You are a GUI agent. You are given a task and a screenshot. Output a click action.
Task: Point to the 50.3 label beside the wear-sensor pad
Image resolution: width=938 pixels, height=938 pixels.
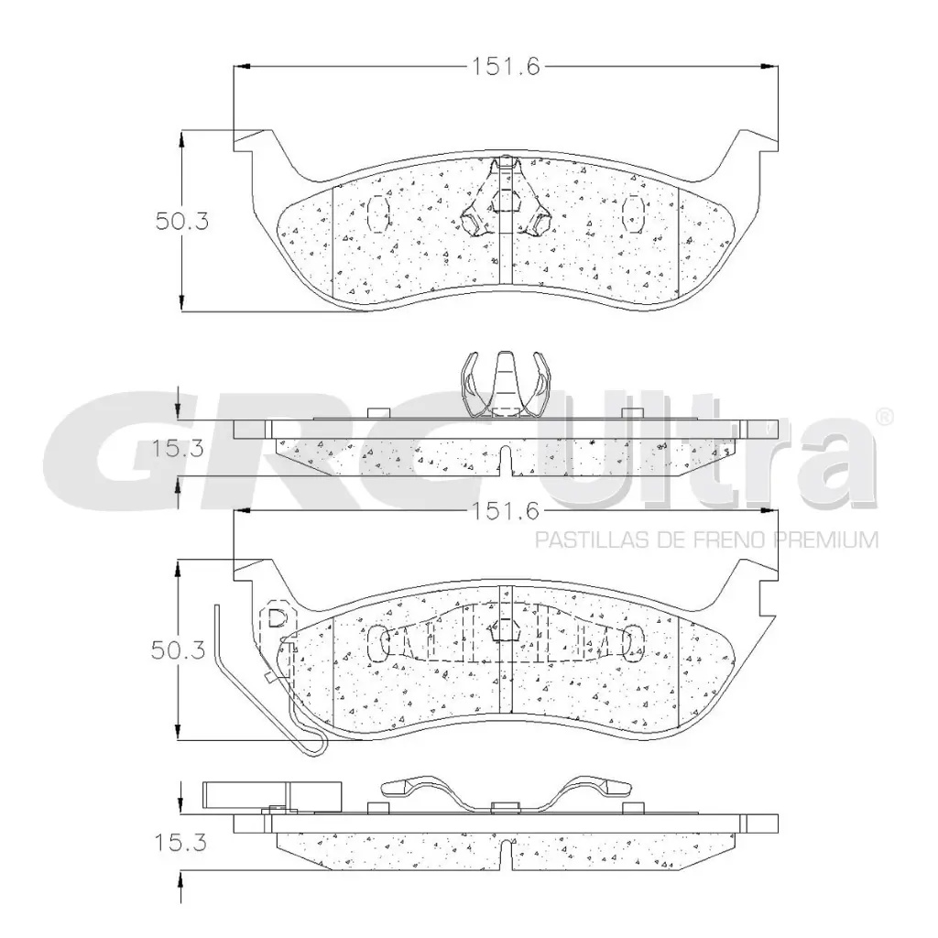[180, 650]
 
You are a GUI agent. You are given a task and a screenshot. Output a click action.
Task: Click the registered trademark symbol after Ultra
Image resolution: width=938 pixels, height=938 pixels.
[886, 417]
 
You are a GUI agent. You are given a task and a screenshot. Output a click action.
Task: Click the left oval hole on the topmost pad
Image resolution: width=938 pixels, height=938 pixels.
[377, 214]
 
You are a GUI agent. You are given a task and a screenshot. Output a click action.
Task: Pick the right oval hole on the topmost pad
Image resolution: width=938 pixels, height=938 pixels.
[633, 214]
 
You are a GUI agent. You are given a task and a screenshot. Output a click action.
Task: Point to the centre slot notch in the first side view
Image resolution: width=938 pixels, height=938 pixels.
[506, 457]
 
